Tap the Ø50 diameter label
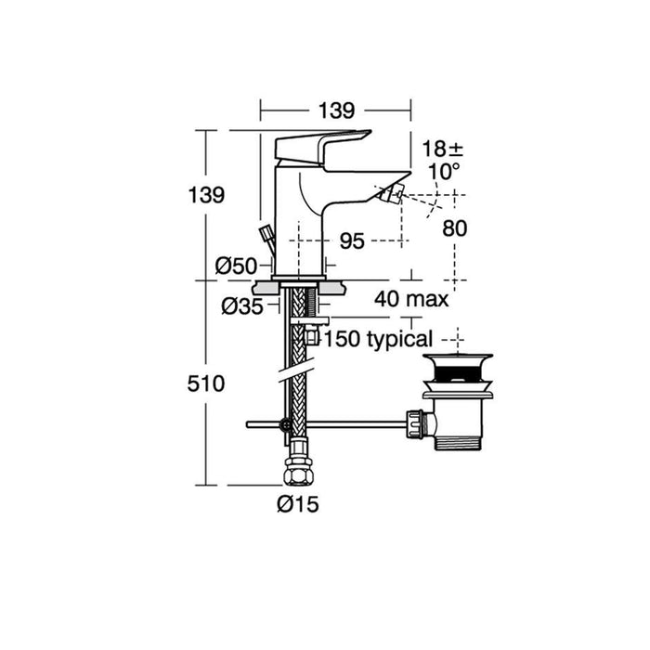coord(236,266)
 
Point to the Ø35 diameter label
coord(242,305)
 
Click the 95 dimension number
coord(351,240)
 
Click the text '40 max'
coord(411,299)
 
